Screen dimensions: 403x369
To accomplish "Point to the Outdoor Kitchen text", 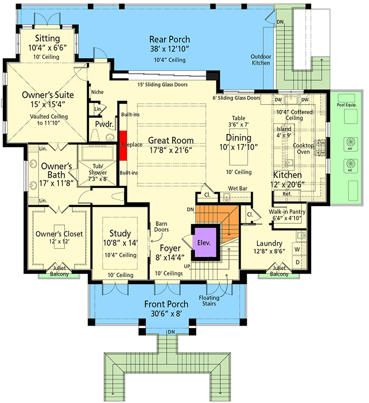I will click(261, 60).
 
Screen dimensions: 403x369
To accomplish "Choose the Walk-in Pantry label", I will click(287, 212).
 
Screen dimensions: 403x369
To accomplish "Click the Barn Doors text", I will click(161, 227).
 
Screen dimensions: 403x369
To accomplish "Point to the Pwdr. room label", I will click(103, 124).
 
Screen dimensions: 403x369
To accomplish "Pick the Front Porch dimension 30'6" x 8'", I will click(167, 313).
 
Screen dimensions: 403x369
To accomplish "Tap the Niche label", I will click(97, 92).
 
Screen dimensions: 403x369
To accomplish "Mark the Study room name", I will click(120, 233).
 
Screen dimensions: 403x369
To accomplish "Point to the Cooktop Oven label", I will click(304, 148).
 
